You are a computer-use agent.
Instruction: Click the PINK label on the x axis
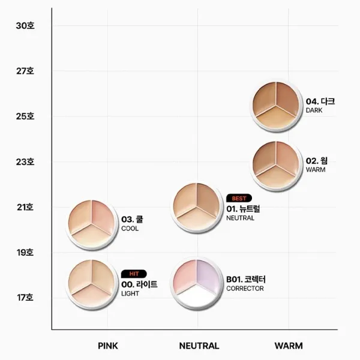(107, 346)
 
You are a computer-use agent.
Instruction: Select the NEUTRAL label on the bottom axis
(199, 346)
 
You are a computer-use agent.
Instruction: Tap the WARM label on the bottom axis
(289, 346)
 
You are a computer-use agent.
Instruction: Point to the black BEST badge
(239, 198)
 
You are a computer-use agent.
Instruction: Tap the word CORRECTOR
(245, 289)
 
